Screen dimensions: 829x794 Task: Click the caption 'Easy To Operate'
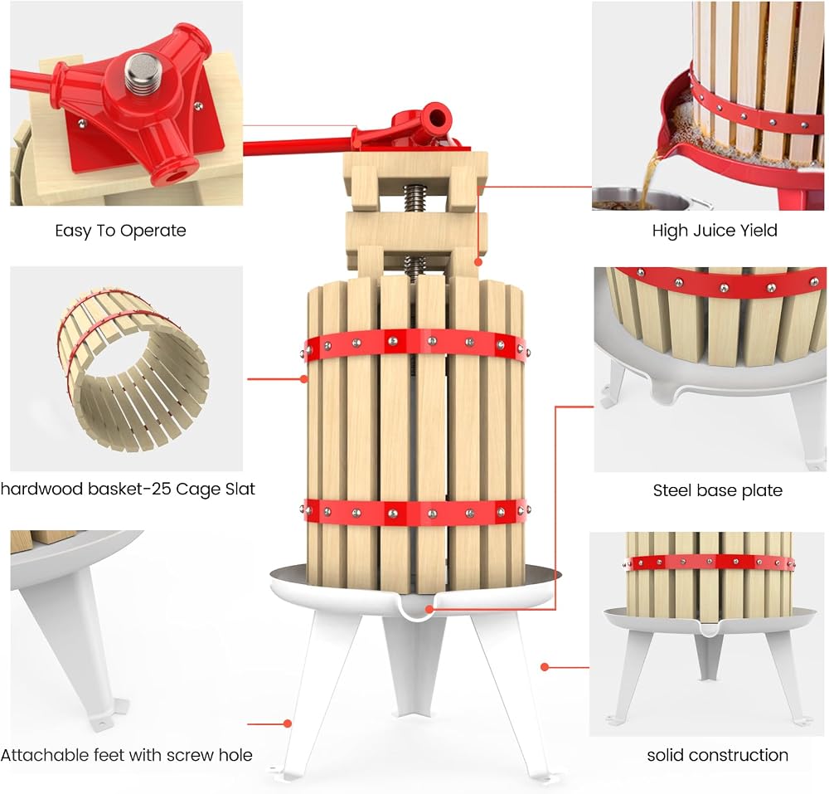pyautogui.click(x=120, y=231)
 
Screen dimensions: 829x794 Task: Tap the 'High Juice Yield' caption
pyautogui.click(x=715, y=231)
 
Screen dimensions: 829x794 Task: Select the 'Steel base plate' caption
pyautogui.click(x=717, y=490)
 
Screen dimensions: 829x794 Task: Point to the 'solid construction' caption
pyautogui.click(x=717, y=755)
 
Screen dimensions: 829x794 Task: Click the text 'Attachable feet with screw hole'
pyautogui.click(x=126, y=755)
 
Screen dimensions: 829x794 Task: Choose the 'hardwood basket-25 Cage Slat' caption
pyautogui.click(x=128, y=489)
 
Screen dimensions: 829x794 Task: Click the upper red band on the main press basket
pyautogui.click(x=416, y=344)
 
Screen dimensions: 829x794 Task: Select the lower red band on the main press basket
pyautogui.click(x=416, y=512)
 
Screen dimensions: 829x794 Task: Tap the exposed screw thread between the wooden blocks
pyautogui.click(x=415, y=198)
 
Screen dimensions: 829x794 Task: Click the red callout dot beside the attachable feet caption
pyautogui.click(x=288, y=723)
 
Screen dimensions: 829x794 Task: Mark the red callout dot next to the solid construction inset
pyautogui.click(x=545, y=667)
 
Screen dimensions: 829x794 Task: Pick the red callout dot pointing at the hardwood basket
pyautogui.click(x=303, y=379)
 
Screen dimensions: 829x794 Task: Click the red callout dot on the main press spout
pyautogui.click(x=429, y=609)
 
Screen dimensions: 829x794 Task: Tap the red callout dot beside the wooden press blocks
pyautogui.click(x=478, y=262)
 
